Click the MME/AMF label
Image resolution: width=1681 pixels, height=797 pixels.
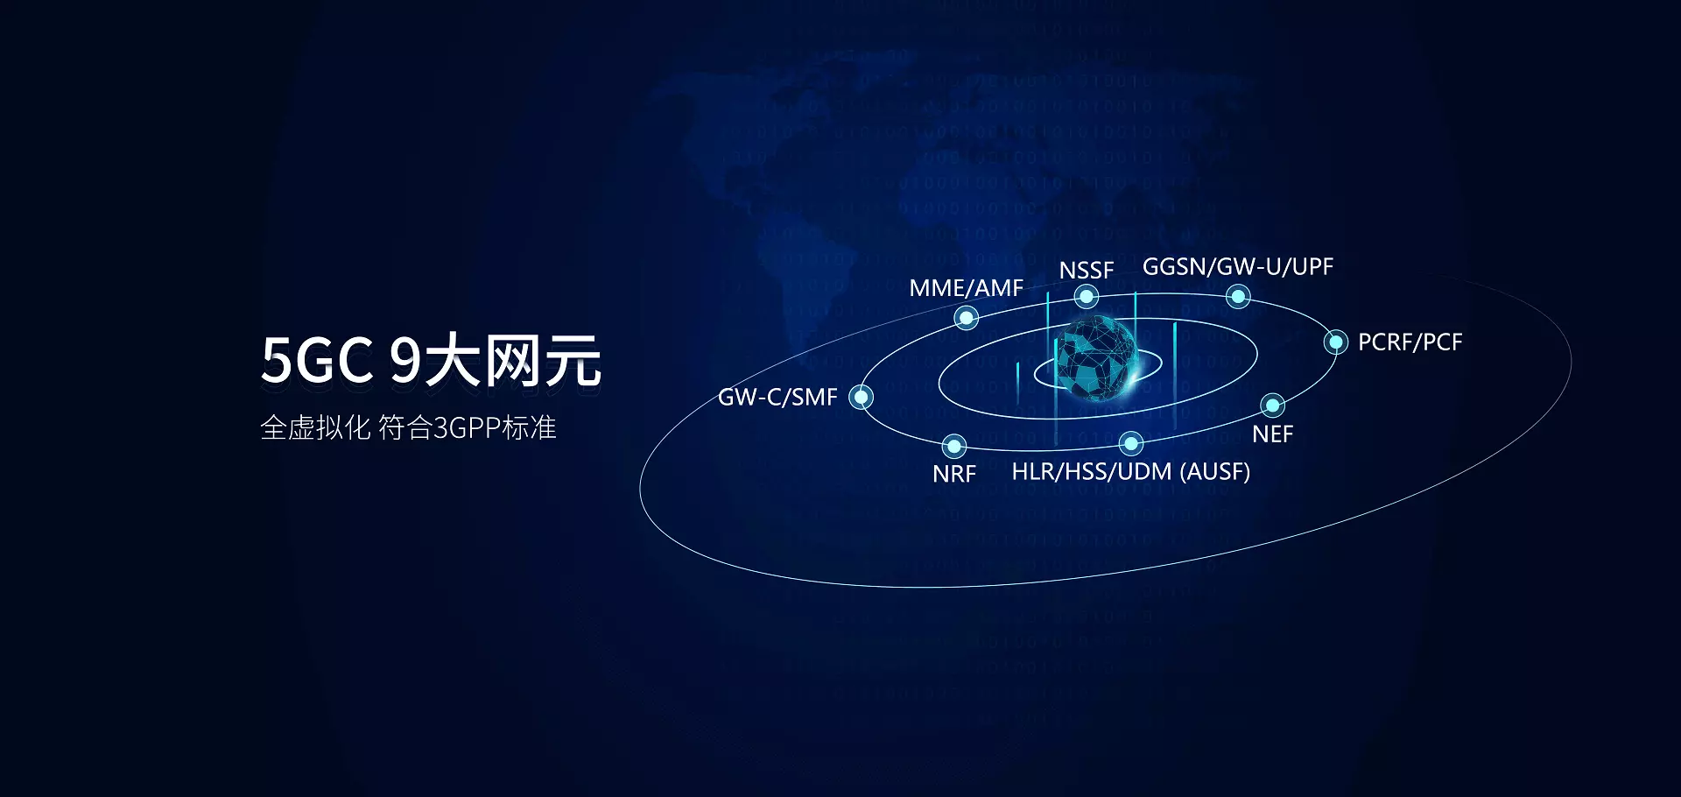966,288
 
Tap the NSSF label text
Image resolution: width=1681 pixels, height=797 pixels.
1086,271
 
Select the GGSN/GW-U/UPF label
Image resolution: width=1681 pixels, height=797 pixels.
1237,267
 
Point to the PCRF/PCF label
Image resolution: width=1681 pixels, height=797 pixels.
1410,342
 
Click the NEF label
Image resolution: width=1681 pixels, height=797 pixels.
1272,434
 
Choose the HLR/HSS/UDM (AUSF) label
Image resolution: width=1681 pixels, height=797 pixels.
1130,472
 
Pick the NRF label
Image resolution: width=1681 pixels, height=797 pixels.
953,475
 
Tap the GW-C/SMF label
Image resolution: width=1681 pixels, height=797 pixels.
777,398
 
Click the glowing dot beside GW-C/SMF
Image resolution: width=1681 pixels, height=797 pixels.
862,398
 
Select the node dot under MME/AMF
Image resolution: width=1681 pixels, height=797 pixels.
966,318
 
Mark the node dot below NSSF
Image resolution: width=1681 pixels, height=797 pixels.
1087,297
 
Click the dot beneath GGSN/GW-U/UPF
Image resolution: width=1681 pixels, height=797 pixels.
1238,297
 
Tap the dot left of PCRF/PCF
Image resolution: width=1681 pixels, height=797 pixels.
1336,342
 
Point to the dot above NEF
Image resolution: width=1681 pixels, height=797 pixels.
1272,406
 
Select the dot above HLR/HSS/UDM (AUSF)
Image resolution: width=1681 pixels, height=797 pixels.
1131,443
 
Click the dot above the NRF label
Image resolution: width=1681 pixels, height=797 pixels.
954,446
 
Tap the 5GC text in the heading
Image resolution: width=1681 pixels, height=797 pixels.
317,361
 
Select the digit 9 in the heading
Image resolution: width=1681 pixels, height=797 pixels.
405,361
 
